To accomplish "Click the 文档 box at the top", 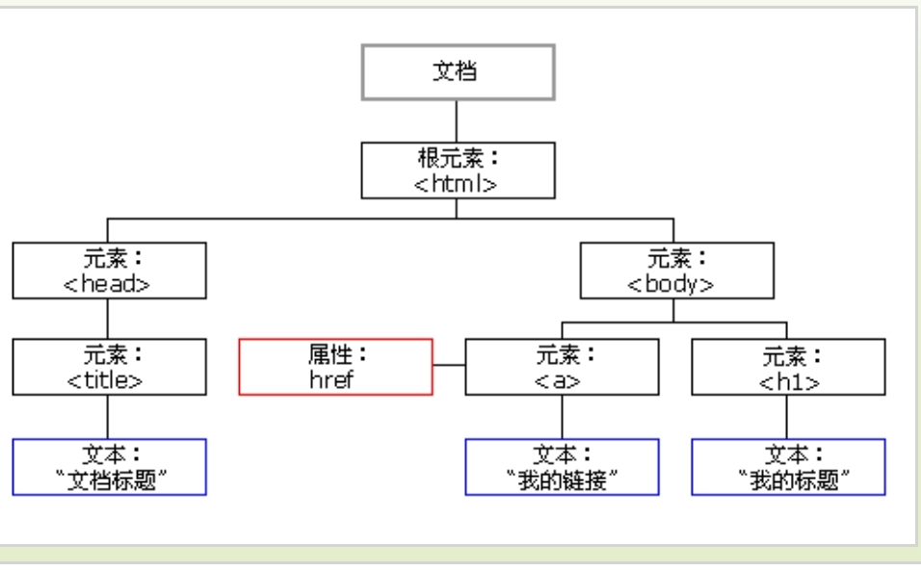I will [x=458, y=71].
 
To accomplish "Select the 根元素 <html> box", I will [x=458, y=169].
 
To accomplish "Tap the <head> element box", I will [x=109, y=270].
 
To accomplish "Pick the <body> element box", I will [x=674, y=270].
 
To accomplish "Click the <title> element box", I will [x=109, y=367].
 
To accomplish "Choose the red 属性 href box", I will [x=336, y=367].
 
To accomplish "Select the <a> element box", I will [x=563, y=367].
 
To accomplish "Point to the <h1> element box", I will [x=788, y=367].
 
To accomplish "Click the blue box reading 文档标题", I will [x=109, y=466].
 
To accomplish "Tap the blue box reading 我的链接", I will [x=563, y=466].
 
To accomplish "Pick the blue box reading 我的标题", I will [x=788, y=466].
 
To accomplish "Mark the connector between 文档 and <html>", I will [x=458, y=120].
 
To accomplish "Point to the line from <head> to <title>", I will [x=108, y=318].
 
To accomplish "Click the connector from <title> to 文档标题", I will [x=108, y=416].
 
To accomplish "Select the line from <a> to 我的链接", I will [x=563, y=416].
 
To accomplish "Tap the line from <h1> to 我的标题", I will [x=788, y=416].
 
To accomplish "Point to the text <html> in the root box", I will [x=458, y=182].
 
